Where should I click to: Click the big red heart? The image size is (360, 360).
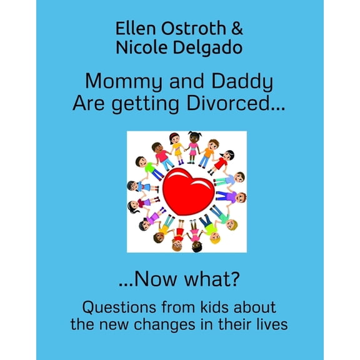186,190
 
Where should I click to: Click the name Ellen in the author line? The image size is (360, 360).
134,29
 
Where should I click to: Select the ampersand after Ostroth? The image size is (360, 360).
239,29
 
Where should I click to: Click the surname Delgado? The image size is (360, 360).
209,49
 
